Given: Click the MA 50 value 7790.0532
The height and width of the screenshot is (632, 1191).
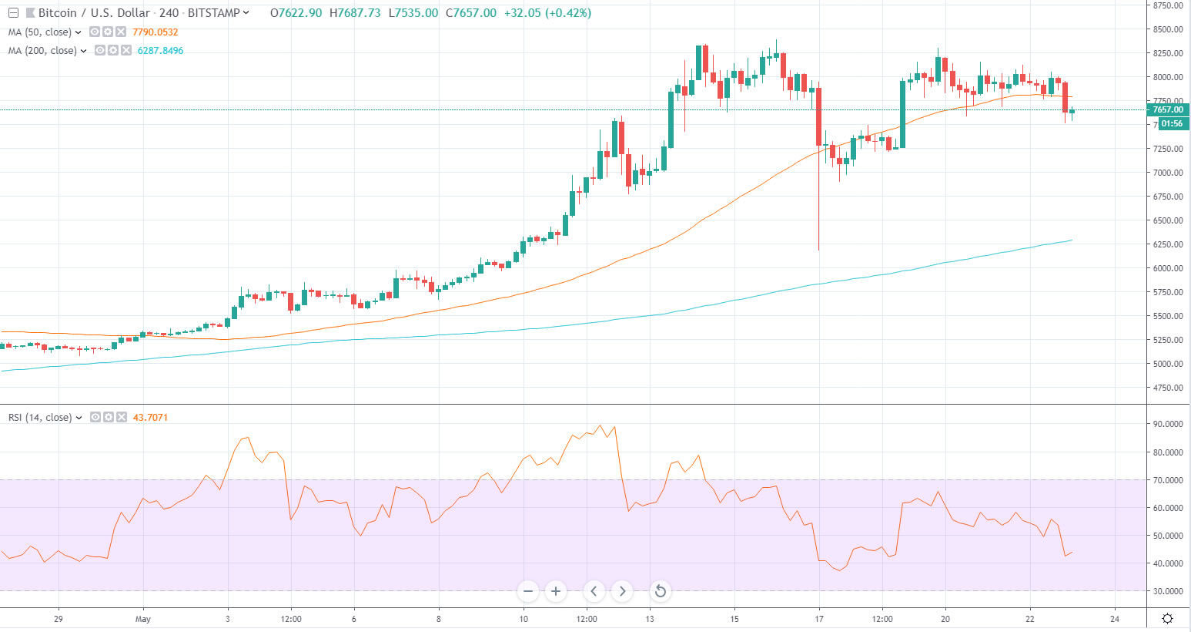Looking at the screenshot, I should click(155, 32).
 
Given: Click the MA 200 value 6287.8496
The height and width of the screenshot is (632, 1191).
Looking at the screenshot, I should click(160, 51).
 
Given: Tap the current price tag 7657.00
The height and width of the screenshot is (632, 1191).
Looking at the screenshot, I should click(1167, 110).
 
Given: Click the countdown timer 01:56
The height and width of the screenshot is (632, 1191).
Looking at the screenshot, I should click(1172, 123).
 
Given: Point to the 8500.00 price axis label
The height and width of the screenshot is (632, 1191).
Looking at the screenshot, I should click(1168, 29).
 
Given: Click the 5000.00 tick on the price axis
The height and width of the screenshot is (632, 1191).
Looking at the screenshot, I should click(1168, 364).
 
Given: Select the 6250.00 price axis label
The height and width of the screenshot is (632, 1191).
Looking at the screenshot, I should click(1168, 244).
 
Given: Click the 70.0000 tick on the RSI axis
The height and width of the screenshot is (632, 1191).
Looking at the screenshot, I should click(1168, 480).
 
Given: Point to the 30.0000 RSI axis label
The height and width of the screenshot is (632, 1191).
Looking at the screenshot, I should click(1168, 591).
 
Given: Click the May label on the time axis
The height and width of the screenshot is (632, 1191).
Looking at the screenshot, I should click(143, 619).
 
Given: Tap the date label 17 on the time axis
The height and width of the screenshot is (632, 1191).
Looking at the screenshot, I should click(819, 619).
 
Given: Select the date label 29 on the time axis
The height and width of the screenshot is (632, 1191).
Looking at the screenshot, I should click(59, 619).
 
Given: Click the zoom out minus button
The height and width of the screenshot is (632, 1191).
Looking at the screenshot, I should click(528, 592).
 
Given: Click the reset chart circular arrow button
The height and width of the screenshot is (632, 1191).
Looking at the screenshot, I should click(660, 592).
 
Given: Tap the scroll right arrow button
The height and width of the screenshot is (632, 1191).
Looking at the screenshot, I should click(622, 592).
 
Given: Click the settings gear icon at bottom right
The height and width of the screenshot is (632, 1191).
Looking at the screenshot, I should click(1167, 618).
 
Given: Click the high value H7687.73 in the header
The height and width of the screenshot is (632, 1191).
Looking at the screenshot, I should click(355, 13).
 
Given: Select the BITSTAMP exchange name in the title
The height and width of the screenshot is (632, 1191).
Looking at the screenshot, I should click(213, 13).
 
